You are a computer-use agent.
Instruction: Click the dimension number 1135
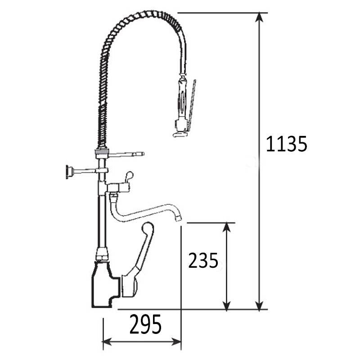[286, 144]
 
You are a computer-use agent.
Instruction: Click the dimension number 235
[203, 261]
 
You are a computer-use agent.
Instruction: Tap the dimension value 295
[145, 324]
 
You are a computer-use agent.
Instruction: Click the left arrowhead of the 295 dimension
[108, 342]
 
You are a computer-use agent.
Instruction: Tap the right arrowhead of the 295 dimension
[176, 342]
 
